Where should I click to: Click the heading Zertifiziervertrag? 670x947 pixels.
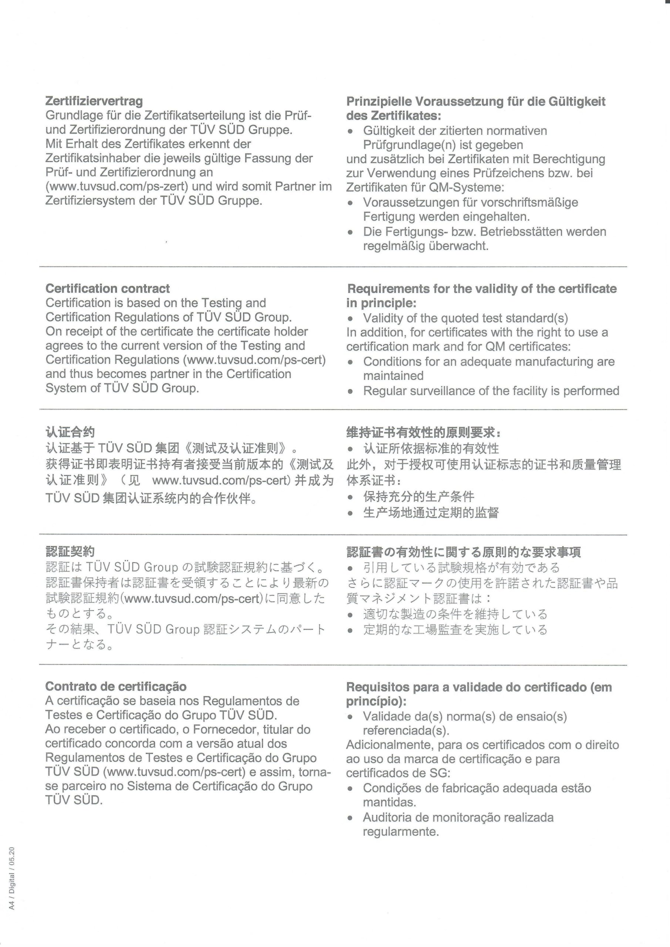pos(94,101)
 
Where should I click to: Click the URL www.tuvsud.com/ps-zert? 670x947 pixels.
pos(117,186)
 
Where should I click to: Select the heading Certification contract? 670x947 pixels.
pos(108,288)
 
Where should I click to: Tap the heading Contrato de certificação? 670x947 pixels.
pos(116,686)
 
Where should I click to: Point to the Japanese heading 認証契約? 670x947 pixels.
pos(70,552)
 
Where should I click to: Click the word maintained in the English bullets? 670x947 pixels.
pos(393,376)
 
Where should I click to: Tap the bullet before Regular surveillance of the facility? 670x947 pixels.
pos(350,391)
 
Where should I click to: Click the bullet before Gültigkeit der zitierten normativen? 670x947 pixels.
pos(350,132)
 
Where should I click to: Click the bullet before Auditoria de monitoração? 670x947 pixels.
pos(350,818)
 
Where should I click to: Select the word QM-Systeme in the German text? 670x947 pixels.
pos(466,188)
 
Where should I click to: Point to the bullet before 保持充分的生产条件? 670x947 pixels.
pos(350,498)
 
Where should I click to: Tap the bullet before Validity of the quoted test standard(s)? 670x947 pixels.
pos(350,319)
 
